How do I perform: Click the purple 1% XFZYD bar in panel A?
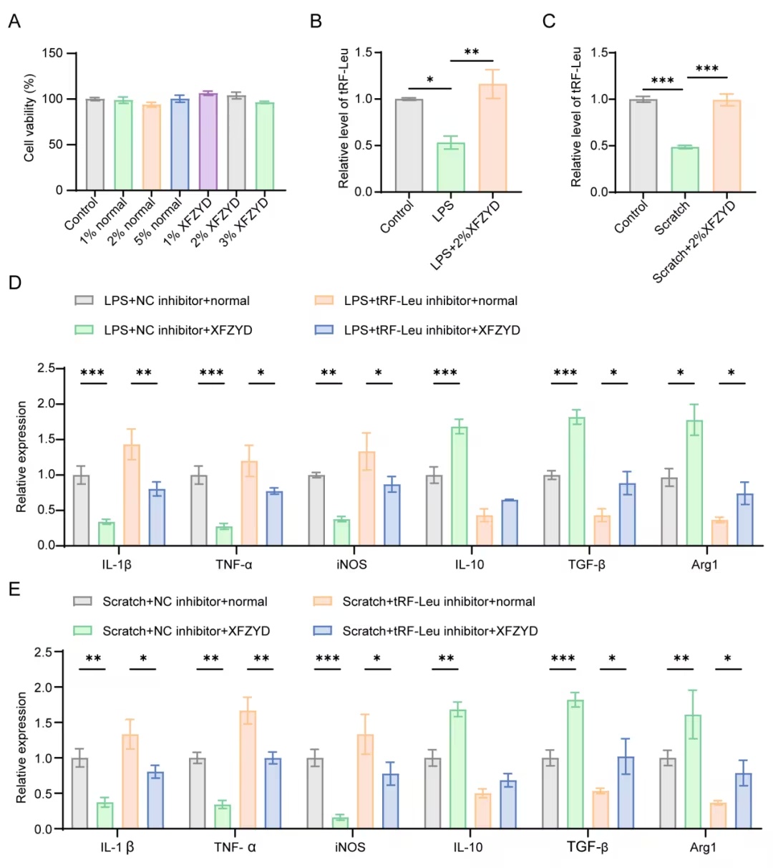pos(208,141)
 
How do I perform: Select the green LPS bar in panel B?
pos(450,167)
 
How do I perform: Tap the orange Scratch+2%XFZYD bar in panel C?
pos(726,145)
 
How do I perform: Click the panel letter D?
pos(14,283)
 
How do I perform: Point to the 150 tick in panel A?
pos(52,53)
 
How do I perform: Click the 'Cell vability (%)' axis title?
pos(29,118)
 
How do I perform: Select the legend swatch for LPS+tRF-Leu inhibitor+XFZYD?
pos(324,330)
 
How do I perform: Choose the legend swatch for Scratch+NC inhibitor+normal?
pos(82,601)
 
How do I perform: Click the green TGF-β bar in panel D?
pos(577,481)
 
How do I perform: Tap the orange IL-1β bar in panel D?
pos(132,495)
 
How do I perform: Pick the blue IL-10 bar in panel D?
pos(510,523)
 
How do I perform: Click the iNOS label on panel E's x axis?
pos(350,847)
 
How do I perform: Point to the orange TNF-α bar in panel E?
pos(248,771)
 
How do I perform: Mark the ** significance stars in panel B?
pos(472,52)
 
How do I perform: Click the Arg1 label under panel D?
pos(704,564)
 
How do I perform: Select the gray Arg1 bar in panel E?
pos(668,794)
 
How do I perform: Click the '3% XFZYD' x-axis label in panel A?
pos(243,223)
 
